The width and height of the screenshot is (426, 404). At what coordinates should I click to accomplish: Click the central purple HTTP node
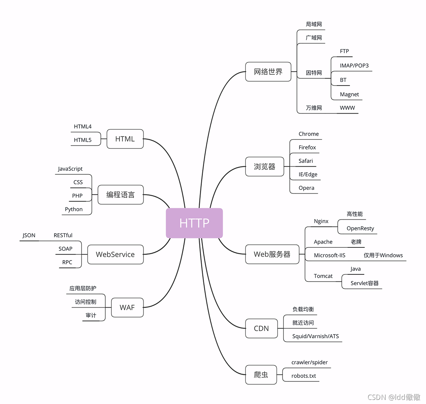click(x=194, y=223)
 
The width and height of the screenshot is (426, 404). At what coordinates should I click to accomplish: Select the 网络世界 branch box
click(x=268, y=72)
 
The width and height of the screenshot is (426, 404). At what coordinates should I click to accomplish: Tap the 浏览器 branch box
click(x=264, y=167)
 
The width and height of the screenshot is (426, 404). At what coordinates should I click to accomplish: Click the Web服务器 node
click(x=272, y=255)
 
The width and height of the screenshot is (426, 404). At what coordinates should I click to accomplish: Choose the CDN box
click(x=261, y=329)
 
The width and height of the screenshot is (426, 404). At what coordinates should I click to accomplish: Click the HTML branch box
click(x=125, y=139)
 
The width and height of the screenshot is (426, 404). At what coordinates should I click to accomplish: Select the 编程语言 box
click(x=120, y=195)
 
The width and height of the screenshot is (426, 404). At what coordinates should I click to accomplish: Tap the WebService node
click(x=115, y=255)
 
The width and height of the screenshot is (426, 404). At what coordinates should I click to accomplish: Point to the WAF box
click(x=127, y=308)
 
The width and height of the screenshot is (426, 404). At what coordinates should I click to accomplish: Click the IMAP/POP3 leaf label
click(x=354, y=66)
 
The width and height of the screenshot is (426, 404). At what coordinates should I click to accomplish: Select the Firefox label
click(x=307, y=148)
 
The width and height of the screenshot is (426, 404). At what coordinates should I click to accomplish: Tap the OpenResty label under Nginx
click(x=360, y=228)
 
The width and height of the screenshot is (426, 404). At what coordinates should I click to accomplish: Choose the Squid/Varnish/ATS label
click(x=315, y=336)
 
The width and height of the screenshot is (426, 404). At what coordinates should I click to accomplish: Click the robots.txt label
click(x=304, y=376)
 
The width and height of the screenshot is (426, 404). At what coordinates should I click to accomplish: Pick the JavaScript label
click(x=70, y=169)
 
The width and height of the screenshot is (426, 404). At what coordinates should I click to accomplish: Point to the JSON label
click(x=29, y=235)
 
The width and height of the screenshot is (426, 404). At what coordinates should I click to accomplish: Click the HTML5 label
click(x=82, y=140)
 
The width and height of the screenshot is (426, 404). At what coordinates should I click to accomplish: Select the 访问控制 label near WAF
click(x=85, y=302)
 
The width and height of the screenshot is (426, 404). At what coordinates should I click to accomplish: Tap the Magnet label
click(x=349, y=95)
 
